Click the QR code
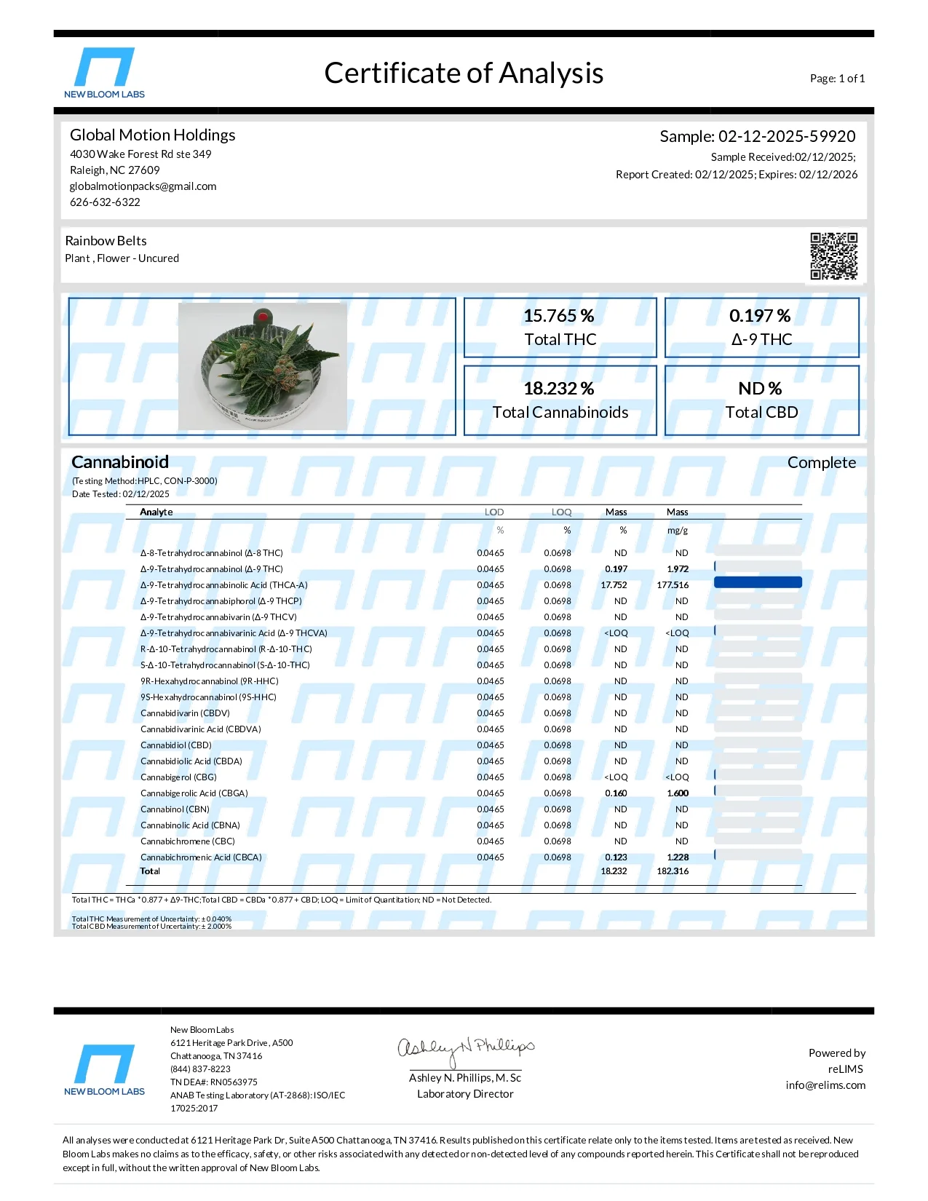833,255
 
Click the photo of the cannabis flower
263,366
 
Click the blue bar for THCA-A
758,582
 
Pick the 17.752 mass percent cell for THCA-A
614,585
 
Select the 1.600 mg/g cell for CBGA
678,793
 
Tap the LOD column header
494,512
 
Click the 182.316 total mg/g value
673,871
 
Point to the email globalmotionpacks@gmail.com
143,186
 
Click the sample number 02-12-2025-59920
786,136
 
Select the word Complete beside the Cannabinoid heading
821,463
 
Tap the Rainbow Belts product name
106,241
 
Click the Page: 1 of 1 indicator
837,79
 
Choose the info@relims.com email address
825,1085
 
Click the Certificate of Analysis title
464,74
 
